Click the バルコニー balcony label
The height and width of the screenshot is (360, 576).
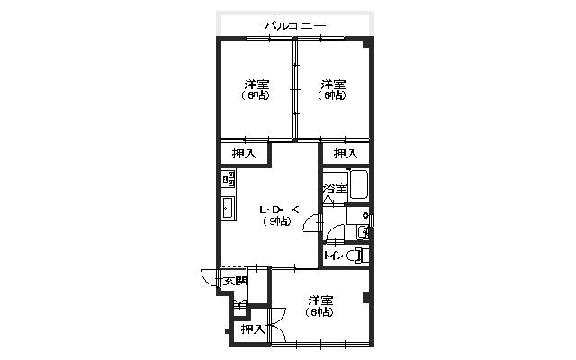click(x=295, y=26)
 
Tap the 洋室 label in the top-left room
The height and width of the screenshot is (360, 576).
click(x=256, y=85)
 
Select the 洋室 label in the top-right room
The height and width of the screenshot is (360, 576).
click(x=333, y=85)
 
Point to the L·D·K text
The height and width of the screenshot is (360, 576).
click(x=280, y=210)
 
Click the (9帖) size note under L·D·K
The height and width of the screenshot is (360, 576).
click(x=277, y=221)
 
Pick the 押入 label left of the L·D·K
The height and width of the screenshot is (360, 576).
click(x=244, y=154)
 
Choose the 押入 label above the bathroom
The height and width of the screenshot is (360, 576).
click(x=346, y=154)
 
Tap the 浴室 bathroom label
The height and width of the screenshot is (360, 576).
click(x=335, y=188)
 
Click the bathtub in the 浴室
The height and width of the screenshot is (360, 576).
click(x=358, y=184)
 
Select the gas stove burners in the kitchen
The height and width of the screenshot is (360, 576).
click(x=229, y=179)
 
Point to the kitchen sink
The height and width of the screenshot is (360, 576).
click(x=228, y=208)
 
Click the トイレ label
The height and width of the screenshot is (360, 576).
click(x=334, y=256)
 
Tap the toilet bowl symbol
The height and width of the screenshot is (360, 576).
click(x=356, y=256)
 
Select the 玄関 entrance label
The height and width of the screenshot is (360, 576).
click(x=236, y=282)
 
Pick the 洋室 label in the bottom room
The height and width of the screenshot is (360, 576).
click(x=320, y=301)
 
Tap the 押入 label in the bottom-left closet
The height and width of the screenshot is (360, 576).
click(x=253, y=329)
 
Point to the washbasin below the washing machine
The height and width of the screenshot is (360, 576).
click(x=362, y=232)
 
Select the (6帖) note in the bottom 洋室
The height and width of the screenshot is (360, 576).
click(x=319, y=312)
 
